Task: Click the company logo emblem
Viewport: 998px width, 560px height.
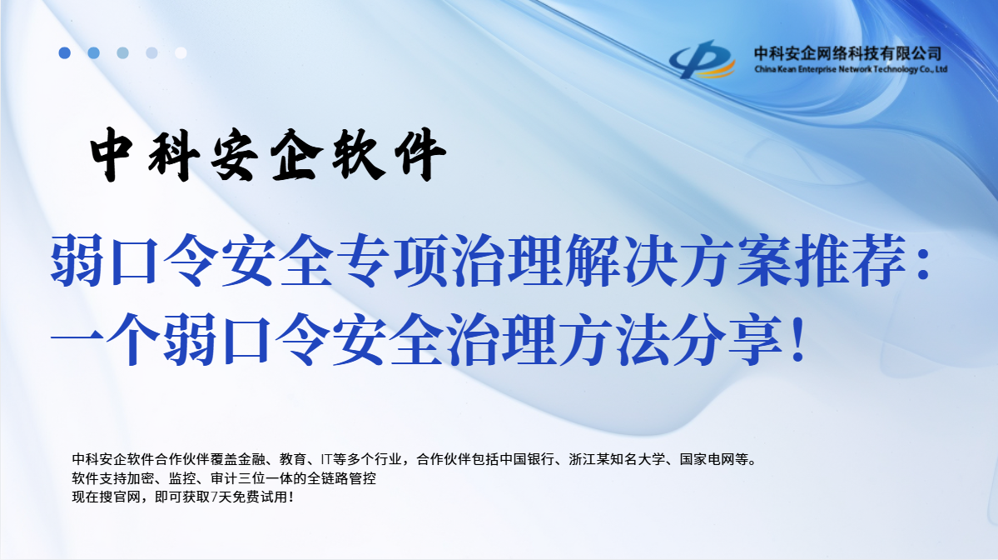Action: pos(703,60)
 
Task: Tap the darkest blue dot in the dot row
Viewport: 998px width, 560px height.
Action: pos(64,52)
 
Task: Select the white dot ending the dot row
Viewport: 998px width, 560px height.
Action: pos(181,52)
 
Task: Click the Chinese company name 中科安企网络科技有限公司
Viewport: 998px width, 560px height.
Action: pos(847,52)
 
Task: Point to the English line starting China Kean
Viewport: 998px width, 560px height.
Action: pos(850,70)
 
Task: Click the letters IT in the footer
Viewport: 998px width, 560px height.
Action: pos(327,459)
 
